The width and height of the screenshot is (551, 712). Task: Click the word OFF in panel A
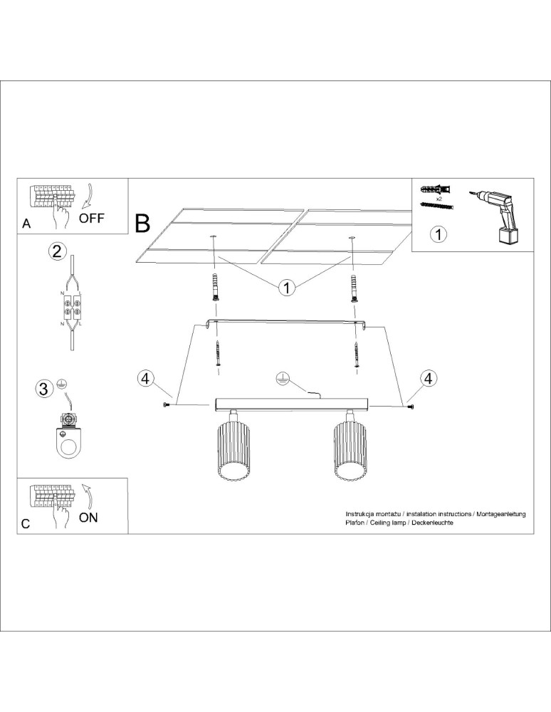pos(91,218)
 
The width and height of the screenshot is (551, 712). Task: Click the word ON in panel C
pos(88,518)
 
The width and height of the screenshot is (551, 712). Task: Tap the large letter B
pos(142,224)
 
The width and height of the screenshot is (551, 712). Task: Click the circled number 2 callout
pos(58,251)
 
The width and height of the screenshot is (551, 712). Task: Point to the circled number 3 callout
pos(44,389)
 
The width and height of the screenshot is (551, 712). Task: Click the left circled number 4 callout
pos(145,379)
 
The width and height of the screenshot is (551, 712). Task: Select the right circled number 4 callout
pos(427,379)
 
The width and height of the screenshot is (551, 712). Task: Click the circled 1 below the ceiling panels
pos(285,288)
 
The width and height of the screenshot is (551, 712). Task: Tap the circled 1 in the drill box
pos(439,234)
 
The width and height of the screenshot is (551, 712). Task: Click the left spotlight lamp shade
pos(233,450)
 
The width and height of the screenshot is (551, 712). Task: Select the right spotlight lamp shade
pos(352,450)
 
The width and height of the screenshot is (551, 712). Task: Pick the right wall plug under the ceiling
pos(353,287)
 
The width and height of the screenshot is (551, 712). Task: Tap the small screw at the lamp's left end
pos(167,405)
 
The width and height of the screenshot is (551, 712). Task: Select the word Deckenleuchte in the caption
pos(432,523)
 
